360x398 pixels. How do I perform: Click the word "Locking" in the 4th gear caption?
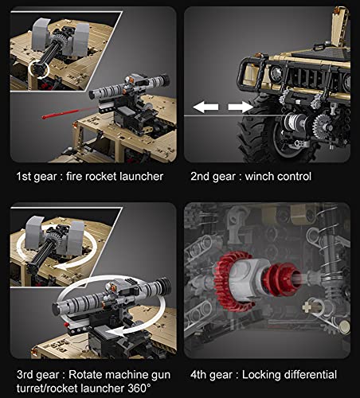[263, 374]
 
